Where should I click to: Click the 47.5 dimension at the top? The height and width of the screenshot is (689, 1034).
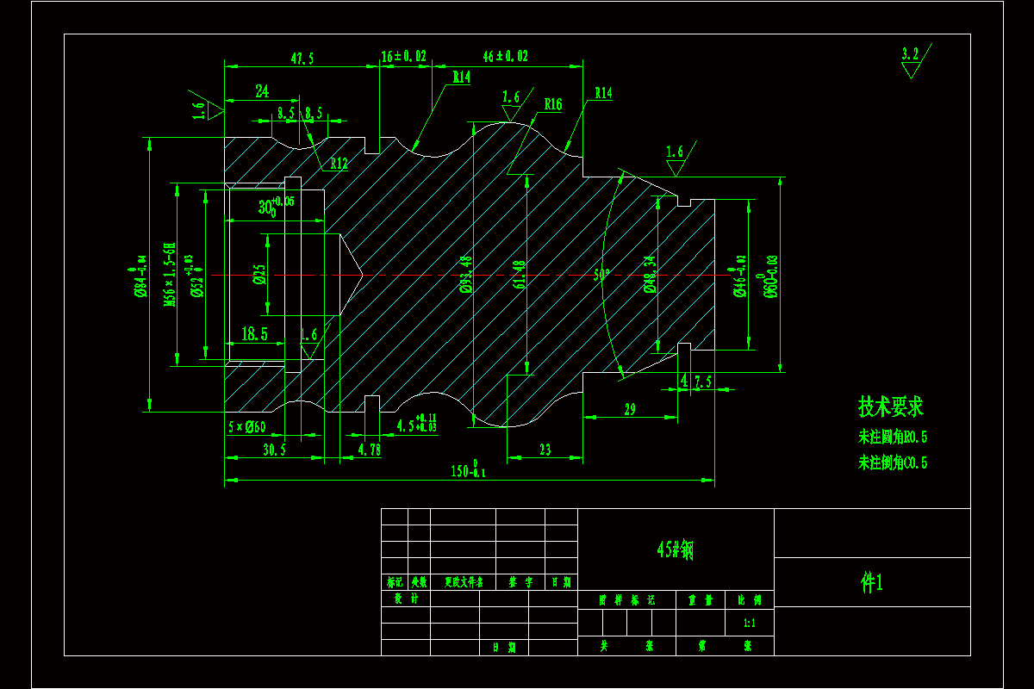[302, 59]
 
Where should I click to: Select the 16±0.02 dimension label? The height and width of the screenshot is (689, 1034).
[404, 56]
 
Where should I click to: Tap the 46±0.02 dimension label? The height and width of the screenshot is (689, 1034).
[506, 56]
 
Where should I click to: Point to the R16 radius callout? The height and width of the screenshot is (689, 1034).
[552, 105]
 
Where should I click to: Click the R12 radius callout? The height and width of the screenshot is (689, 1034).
[337, 164]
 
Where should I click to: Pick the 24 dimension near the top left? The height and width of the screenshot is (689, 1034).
[262, 90]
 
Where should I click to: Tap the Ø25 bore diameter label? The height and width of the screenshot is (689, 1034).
[258, 275]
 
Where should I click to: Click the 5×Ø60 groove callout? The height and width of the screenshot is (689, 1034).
[246, 426]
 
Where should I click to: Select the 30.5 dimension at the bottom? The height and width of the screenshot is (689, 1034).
[274, 450]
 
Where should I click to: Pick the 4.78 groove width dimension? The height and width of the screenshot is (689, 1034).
[369, 450]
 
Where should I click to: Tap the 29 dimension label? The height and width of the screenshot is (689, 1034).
[629, 409]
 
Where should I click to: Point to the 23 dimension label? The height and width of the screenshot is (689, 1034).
[545, 450]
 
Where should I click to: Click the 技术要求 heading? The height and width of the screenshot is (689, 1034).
[890, 407]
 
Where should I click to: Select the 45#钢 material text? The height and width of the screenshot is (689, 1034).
[675, 550]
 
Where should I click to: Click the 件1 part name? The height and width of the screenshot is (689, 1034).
[872, 583]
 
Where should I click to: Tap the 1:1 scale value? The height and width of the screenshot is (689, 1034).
[750, 622]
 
